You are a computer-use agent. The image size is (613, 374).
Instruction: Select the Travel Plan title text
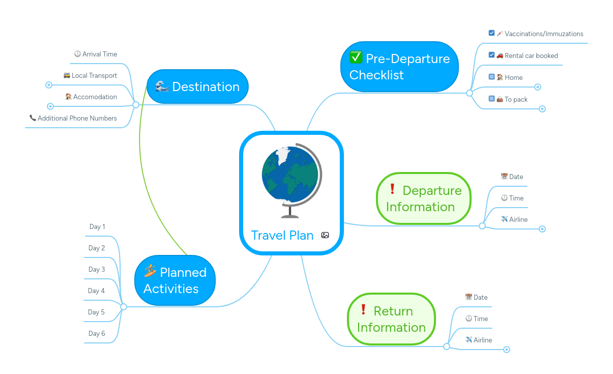pos(282,235)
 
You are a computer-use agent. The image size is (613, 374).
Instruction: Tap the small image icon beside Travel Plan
pos(325,235)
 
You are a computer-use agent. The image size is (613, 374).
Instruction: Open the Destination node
pos(197,87)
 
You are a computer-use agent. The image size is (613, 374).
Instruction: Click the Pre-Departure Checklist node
pos(399,67)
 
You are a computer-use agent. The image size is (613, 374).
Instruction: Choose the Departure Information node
pos(424,198)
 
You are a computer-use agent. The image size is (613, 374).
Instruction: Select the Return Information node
pos(392,319)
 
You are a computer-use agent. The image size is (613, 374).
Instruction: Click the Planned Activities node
pos(175,280)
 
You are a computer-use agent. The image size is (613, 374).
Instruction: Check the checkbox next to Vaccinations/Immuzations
pos(491,33)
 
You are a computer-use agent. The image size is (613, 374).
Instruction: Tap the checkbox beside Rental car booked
pos(491,55)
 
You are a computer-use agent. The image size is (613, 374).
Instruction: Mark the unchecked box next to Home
pos(491,77)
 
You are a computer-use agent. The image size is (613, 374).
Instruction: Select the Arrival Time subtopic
pos(99,54)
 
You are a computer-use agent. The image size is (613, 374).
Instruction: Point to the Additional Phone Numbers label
pos(77,118)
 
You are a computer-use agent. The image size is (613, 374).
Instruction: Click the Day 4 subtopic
pos(96,291)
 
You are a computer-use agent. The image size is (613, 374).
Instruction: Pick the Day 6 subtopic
pos(96,333)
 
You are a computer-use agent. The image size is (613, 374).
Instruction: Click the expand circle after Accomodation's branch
pos(50,106)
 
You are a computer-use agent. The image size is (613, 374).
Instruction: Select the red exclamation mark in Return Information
pos(363,309)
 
